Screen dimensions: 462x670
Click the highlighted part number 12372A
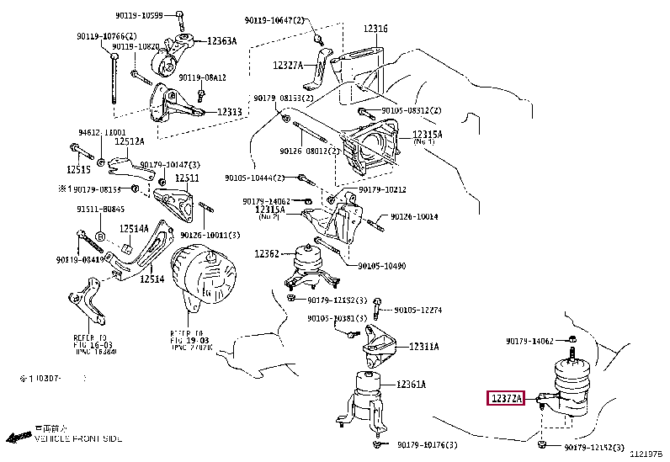click(x=505, y=397)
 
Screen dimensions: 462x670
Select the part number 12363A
click(x=222, y=41)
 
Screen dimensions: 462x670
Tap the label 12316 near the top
click(x=375, y=29)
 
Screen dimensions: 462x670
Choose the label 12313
click(x=229, y=111)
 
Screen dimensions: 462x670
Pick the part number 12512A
click(x=130, y=141)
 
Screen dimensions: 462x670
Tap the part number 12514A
click(x=133, y=228)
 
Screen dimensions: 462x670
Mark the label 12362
click(x=267, y=252)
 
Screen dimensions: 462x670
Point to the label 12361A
click(x=412, y=385)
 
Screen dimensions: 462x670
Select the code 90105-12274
click(x=418, y=310)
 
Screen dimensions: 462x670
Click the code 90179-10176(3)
click(x=430, y=444)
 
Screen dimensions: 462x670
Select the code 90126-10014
click(x=415, y=216)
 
